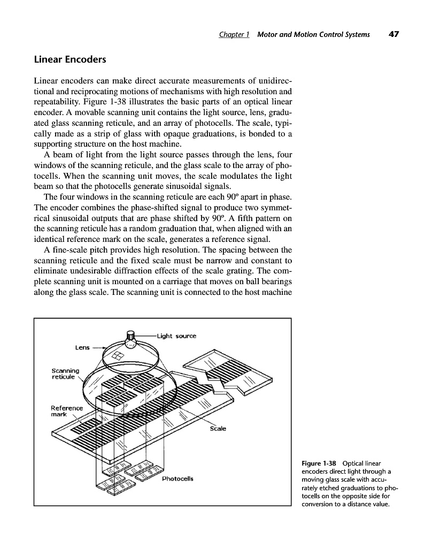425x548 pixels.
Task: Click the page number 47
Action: coord(394,34)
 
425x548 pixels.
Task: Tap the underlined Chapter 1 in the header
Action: coord(235,35)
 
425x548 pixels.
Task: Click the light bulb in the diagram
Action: coord(130,337)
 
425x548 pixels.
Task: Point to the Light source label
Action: coord(176,336)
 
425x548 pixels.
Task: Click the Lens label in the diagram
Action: coord(82,347)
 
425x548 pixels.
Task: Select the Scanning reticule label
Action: coord(65,373)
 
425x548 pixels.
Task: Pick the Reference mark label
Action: coord(67,411)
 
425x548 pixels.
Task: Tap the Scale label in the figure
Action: coord(218,428)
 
